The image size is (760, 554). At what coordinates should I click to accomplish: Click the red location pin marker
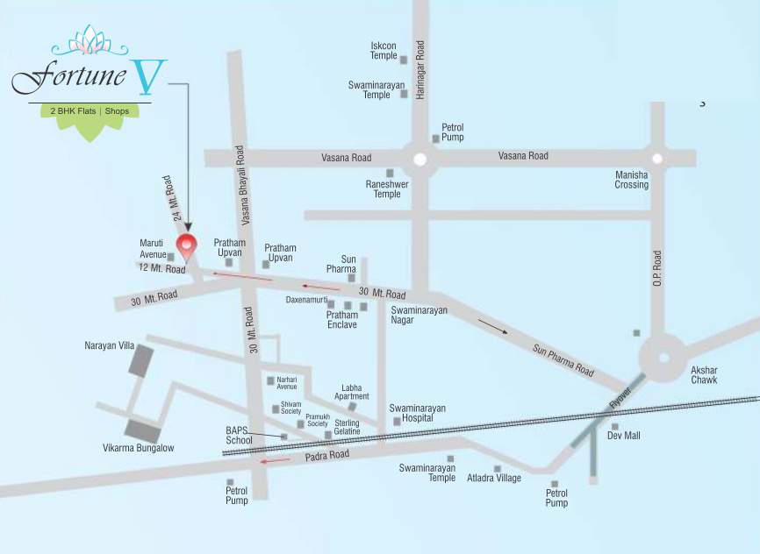click(186, 246)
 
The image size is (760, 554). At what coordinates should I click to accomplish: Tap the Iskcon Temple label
click(384, 51)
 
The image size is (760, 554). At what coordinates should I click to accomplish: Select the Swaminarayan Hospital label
click(418, 414)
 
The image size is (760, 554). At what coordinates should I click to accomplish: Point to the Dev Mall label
click(625, 436)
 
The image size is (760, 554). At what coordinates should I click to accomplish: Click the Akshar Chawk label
click(704, 375)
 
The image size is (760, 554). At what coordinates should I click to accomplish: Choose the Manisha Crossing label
click(631, 180)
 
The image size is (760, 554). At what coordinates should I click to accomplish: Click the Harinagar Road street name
click(420, 69)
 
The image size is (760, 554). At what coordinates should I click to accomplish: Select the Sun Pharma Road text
click(563, 360)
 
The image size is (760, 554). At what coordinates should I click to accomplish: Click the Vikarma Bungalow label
click(139, 448)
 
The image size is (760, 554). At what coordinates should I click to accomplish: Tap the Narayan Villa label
click(109, 346)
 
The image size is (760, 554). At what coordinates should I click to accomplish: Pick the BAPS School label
click(239, 435)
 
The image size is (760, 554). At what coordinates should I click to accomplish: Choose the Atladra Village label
click(494, 479)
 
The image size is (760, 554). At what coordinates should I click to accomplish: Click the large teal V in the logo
click(147, 80)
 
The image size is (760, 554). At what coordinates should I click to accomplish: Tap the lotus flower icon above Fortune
click(90, 40)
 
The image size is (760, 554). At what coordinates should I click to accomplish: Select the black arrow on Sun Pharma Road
click(493, 325)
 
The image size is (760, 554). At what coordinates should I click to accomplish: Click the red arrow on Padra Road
click(276, 460)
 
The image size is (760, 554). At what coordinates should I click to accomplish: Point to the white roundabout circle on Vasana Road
click(420, 160)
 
